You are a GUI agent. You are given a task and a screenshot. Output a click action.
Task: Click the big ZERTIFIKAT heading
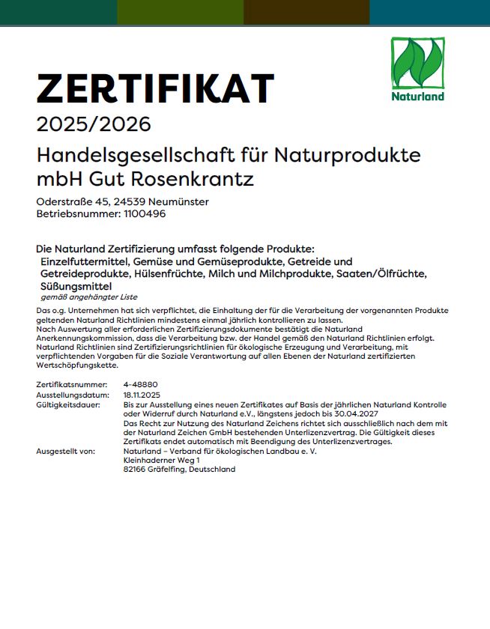click(x=155, y=89)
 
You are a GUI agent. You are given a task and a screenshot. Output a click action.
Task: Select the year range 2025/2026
click(x=94, y=124)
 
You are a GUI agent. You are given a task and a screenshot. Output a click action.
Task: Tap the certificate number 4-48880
click(x=140, y=383)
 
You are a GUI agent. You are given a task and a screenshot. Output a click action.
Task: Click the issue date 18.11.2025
click(x=142, y=394)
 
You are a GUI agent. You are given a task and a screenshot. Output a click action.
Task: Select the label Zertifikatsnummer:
click(x=69, y=383)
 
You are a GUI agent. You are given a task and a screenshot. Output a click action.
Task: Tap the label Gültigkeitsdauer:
click(x=68, y=404)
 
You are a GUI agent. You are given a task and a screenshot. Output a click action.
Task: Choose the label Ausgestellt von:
click(x=66, y=452)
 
